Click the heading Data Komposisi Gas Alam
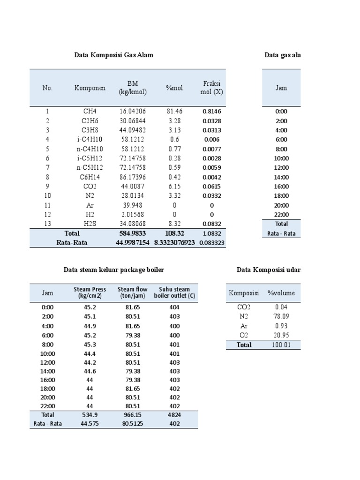point(114,55)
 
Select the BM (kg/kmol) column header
point(133,88)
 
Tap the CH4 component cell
point(90,112)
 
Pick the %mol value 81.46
point(174,112)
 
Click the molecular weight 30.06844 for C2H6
point(133,121)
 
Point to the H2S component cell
point(90,224)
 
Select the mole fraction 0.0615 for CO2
point(212,186)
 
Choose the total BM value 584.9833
point(133,233)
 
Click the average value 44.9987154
point(133,242)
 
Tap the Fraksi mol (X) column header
point(212,88)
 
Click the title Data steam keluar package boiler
point(114,270)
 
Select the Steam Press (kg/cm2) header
point(90,293)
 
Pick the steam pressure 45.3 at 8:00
point(90,345)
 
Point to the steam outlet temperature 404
point(175,307)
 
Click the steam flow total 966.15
point(133,415)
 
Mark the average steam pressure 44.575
point(90,424)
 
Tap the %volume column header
point(281,293)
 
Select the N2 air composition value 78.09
point(281,316)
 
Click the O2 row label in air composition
point(244,335)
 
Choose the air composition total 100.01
point(281,345)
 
